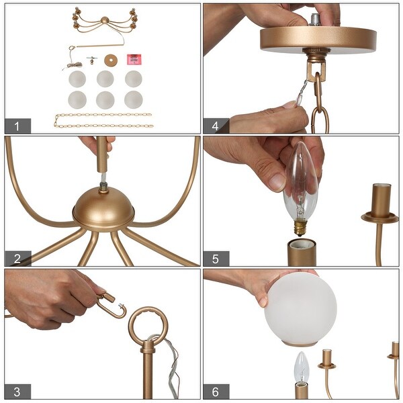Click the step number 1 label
17,126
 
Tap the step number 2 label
17,259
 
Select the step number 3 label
17,392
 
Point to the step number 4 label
216,126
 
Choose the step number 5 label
216,259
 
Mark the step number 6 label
216,392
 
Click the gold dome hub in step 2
103,208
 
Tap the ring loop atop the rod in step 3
146,321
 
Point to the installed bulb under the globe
302,367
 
